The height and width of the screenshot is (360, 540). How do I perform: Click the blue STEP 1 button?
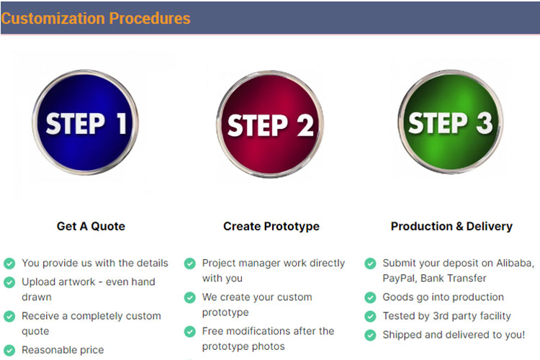[x=85, y=122]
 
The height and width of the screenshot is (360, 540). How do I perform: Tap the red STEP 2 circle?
[x=270, y=124]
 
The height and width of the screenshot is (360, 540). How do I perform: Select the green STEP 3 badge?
[x=451, y=122]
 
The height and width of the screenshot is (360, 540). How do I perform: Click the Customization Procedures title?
[x=96, y=18]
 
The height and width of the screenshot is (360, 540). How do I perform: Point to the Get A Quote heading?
[x=91, y=226]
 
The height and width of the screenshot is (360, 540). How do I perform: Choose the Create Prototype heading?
[x=271, y=226]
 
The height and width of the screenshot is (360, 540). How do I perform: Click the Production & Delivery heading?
[x=451, y=226]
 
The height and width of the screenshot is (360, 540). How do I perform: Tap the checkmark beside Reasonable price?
[x=9, y=351]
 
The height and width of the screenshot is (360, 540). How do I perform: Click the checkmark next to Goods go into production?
[x=370, y=297]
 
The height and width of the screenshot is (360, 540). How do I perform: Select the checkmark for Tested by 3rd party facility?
[x=370, y=316]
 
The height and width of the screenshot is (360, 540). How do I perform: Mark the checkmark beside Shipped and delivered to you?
[x=370, y=335]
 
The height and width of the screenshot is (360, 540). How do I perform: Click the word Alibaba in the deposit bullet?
[x=515, y=264]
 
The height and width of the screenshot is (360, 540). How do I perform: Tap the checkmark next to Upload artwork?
[x=9, y=282]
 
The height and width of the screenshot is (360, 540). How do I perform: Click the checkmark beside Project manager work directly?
[x=190, y=264]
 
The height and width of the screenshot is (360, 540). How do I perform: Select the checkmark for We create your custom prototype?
[x=190, y=297]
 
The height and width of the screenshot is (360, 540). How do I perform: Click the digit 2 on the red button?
[x=305, y=125]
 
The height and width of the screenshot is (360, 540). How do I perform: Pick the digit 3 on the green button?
[x=485, y=122]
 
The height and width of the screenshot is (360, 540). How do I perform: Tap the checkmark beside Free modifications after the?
[x=190, y=331]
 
